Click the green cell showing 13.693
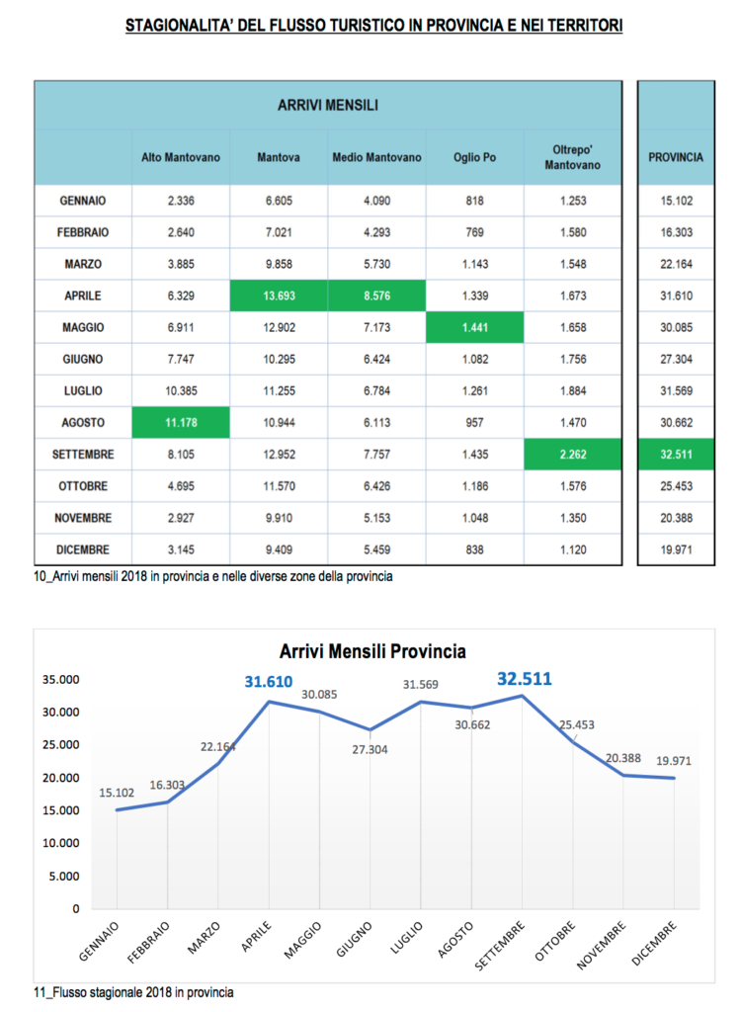pos(279,295)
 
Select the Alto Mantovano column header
pos(181,157)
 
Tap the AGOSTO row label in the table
pos(84,423)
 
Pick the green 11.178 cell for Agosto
pos(181,423)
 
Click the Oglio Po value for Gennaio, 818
pos(474,201)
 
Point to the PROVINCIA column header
pos(676,157)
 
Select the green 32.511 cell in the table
pos(676,455)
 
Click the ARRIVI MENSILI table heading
pos(328,105)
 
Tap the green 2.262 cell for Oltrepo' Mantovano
pos(572,455)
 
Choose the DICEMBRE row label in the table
pos(84,549)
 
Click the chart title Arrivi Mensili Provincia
pos(372,651)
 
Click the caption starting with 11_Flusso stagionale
pos(134,991)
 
